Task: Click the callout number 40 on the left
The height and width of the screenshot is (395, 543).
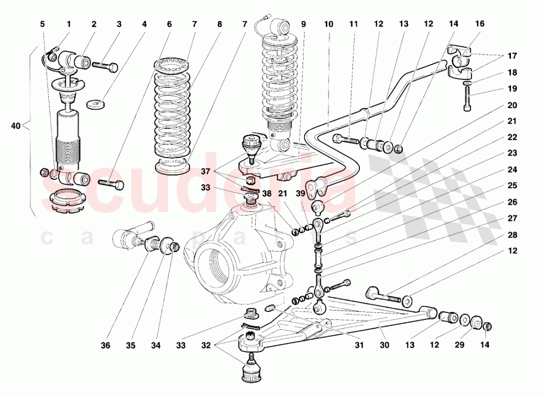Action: [x=15, y=126]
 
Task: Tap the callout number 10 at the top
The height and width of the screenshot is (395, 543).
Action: [x=329, y=24]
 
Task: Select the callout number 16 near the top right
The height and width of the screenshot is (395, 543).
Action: [x=479, y=24]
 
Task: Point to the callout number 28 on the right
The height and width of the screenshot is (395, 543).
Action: [x=513, y=235]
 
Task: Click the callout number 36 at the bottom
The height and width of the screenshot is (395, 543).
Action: [x=106, y=345]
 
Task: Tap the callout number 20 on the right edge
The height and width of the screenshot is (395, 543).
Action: [x=513, y=105]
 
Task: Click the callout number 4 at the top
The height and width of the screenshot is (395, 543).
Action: [x=144, y=24]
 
